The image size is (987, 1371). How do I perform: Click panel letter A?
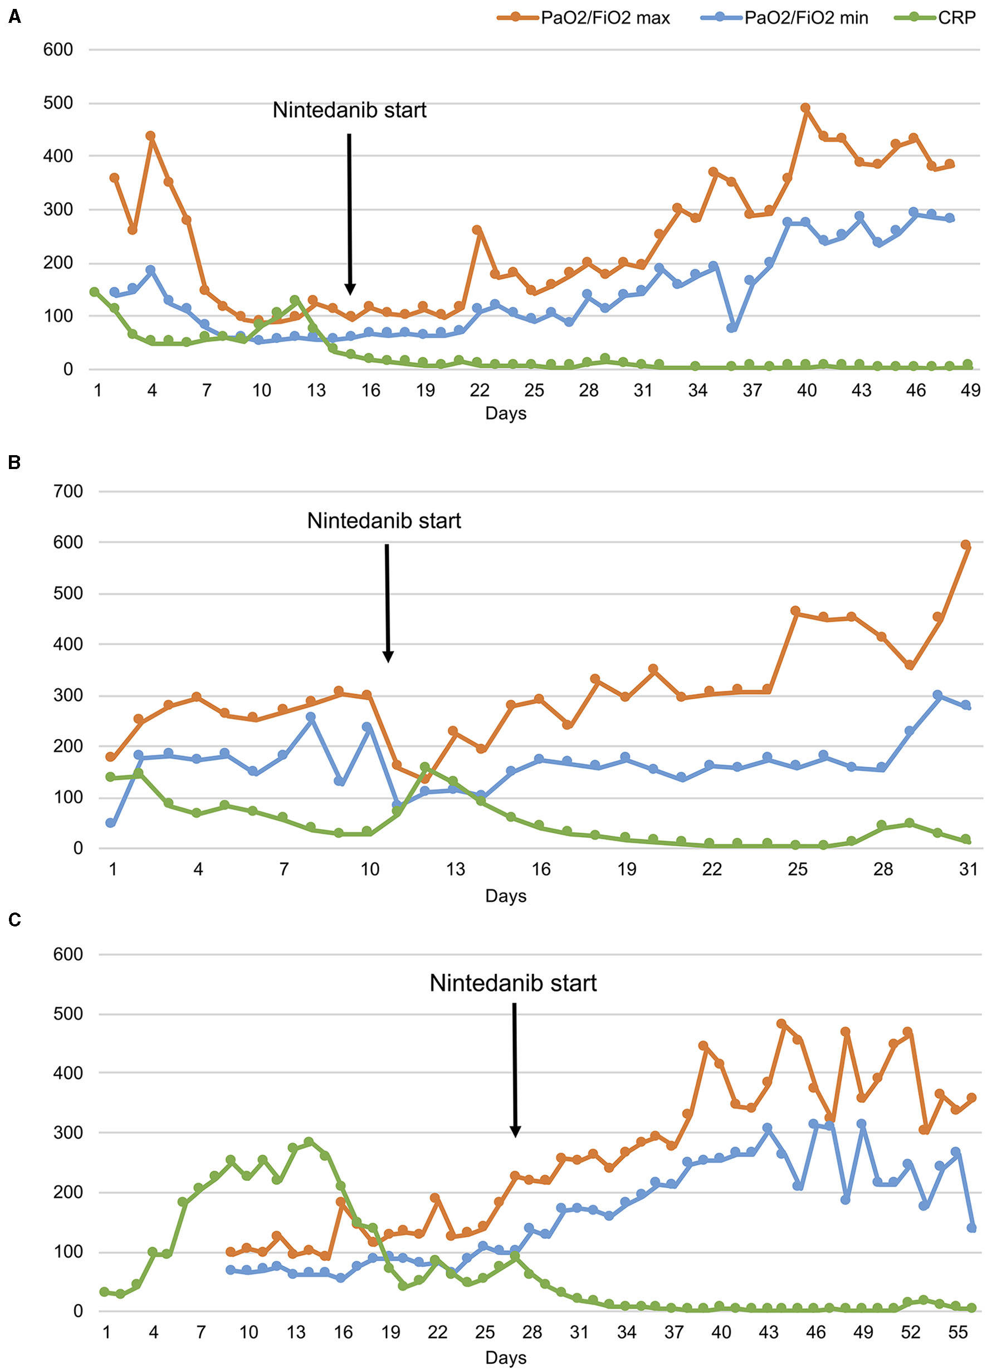coord(14,17)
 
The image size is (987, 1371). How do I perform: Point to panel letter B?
coord(14,462)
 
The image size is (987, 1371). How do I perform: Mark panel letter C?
coord(14,920)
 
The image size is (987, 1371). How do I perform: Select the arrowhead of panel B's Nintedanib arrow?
coord(388,657)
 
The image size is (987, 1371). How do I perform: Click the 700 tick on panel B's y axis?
coord(68,491)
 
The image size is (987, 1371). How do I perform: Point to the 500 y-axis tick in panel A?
coord(58,103)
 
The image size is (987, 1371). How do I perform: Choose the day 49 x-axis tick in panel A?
coord(970,391)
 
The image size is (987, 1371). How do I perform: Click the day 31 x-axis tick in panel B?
coord(968,869)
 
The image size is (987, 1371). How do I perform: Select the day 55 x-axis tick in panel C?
coord(957,1333)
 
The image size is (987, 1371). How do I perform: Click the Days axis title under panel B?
coord(505,896)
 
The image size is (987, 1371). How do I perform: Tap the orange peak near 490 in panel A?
coord(805,108)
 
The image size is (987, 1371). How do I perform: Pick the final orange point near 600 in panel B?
coord(966,545)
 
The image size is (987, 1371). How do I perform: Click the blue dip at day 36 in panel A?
coord(732,328)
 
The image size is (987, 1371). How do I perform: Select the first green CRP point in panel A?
coord(94,292)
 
